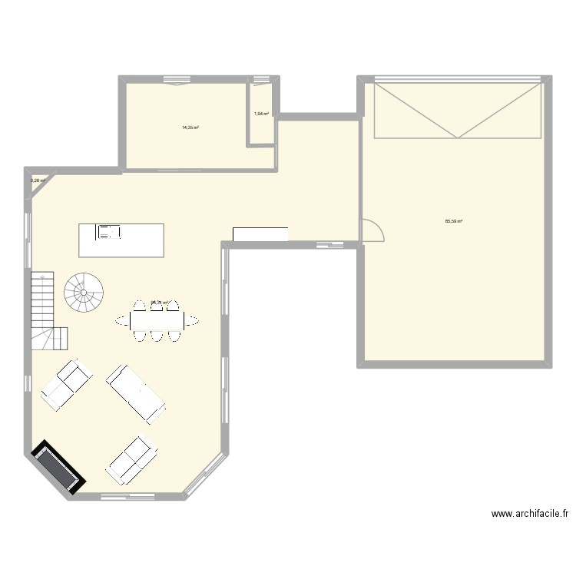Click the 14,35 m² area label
pos(190,127)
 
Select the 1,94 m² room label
pos(261,113)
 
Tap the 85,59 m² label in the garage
pos(453,221)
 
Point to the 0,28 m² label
pos(38,181)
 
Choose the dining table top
pos(157,319)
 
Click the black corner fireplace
pos(56,467)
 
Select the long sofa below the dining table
pos(136,394)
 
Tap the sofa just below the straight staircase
pos(66,385)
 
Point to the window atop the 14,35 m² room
pos(177,78)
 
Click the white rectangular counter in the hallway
pos(260,234)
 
